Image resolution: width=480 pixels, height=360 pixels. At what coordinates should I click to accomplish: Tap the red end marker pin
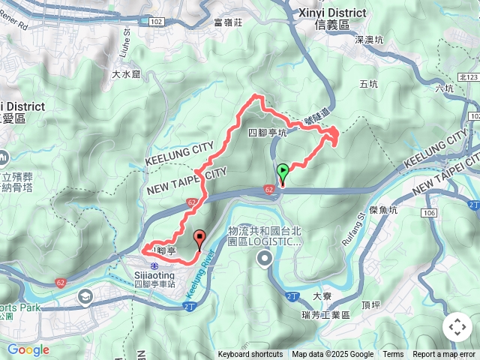click(199, 239)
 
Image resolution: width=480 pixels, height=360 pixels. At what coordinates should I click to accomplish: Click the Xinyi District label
click(332, 13)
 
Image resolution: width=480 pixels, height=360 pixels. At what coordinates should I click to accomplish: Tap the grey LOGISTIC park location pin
click(264, 259)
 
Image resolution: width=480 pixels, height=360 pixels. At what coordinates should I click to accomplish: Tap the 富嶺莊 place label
click(228, 22)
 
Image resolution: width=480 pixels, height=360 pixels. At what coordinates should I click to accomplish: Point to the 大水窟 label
click(126, 74)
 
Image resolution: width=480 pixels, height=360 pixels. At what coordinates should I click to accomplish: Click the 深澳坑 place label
click(369, 39)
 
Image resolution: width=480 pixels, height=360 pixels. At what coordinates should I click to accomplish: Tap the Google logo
click(28, 349)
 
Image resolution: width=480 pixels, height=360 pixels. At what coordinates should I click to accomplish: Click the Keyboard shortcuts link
click(250, 355)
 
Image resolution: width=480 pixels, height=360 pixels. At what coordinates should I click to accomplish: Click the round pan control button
click(457, 327)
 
